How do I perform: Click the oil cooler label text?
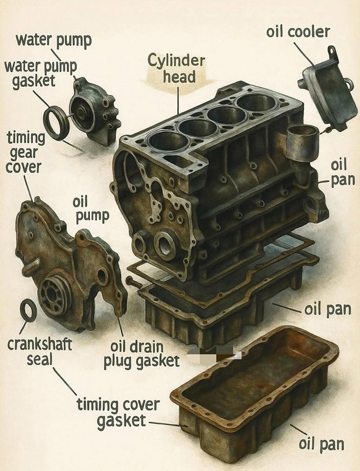point(298,32)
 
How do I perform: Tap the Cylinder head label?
point(176,69)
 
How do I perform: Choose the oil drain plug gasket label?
point(141,354)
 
